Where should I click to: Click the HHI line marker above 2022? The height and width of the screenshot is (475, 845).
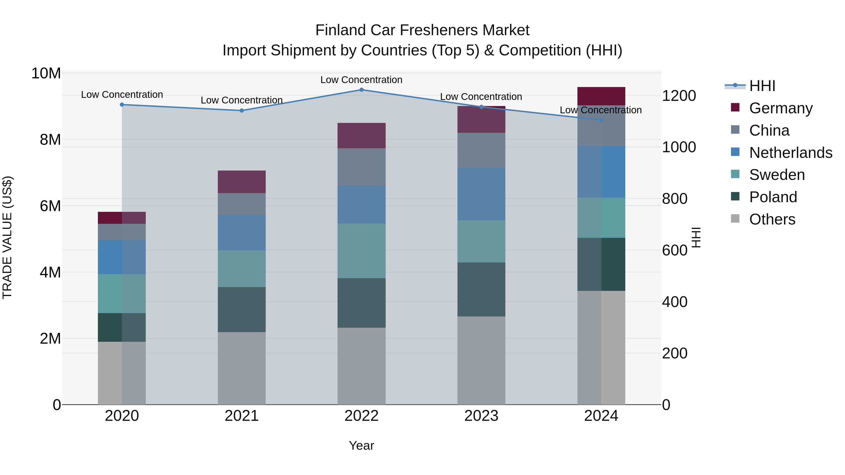(361, 90)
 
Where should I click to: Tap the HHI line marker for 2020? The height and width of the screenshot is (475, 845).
(122, 105)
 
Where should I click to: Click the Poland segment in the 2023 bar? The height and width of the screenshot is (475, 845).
(481, 289)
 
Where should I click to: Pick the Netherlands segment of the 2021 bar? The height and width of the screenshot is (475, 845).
(242, 233)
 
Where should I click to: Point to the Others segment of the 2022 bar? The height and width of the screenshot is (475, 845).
(361, 366)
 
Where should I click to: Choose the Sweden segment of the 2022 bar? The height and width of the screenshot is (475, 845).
(361, 251)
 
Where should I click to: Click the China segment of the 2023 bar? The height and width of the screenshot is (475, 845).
(481, 150)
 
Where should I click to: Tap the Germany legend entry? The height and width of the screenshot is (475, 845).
(781, 108)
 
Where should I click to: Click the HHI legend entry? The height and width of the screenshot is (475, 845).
(762, 86)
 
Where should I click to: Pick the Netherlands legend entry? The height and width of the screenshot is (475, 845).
(791, 153)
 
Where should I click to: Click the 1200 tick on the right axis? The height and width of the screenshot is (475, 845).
(679, 96)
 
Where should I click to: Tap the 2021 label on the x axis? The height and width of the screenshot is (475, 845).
(242, 416)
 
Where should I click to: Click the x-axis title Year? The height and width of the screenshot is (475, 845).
(361, 445)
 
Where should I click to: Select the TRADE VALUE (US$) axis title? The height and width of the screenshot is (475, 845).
(7, 237)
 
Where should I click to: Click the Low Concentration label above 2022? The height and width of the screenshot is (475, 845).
(361, 80)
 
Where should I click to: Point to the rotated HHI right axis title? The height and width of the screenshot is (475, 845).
(695, 237)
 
